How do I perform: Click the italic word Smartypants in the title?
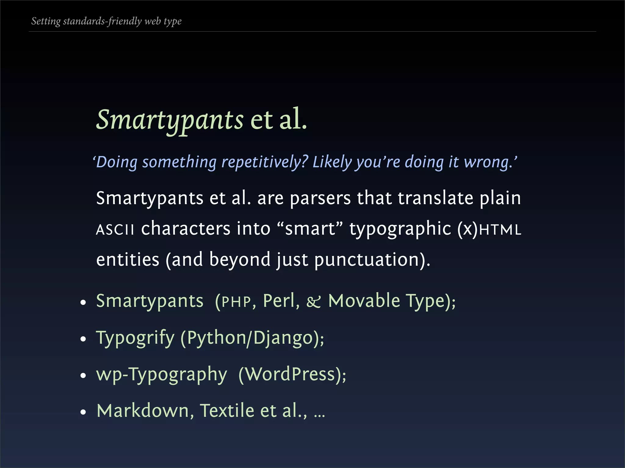click(170, 119)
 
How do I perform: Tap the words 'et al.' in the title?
click(278, 119)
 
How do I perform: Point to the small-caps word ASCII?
click(115, 229)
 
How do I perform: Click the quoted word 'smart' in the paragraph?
click(310, 229)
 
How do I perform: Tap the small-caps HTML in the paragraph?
click(500, 229)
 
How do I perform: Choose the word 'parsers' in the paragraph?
click(320, 198)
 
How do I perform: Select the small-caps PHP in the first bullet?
click(236, 302)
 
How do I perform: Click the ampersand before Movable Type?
click(314, 302)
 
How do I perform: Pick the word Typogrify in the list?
click(135, 338)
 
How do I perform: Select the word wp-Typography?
click(161, 374)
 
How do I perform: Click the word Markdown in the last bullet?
click(142, 410)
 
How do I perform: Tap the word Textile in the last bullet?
click(227, 410)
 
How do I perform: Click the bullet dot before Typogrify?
click(83, 339)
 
